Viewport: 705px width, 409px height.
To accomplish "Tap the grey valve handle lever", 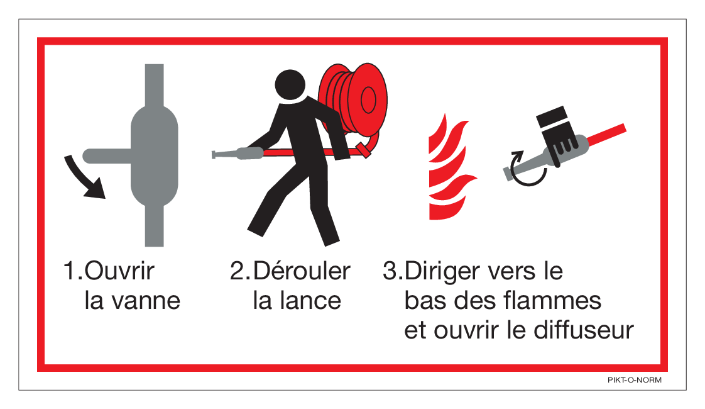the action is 107,156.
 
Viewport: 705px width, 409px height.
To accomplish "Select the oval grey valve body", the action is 154,156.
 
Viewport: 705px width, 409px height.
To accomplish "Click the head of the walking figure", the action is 290,85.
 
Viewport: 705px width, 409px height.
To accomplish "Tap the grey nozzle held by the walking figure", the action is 238,154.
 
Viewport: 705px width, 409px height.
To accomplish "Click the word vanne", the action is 146,301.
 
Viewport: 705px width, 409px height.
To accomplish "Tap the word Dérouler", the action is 301,271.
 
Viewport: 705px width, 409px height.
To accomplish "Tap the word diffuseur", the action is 584,330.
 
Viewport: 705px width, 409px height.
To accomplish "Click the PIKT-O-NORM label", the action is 635,379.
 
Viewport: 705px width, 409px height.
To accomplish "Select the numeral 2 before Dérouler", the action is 237,271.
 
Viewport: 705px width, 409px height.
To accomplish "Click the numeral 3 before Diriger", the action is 390,271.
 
